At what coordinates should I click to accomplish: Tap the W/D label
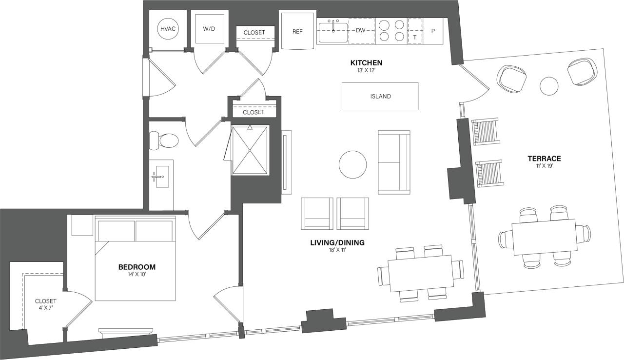pos(209,29)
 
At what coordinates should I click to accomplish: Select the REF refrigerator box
pos(297,31)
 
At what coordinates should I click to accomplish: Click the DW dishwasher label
pos(360,31)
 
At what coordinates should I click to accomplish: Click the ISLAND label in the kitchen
pos(380,97)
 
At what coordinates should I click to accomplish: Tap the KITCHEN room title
pos(366,63)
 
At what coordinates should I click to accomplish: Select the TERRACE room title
pos(544,159)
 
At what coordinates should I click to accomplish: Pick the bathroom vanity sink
pos(160,176)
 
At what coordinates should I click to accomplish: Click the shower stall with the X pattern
pos(250,150)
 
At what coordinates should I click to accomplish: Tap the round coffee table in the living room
pos(353,165)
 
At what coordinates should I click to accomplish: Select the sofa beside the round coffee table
pos(394,162)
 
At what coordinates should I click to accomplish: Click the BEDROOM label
pos(137,267)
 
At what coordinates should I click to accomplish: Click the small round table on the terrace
pos(549,86)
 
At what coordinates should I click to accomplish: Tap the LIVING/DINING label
pos(337,242)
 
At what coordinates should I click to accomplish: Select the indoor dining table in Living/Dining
pos(421,273)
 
